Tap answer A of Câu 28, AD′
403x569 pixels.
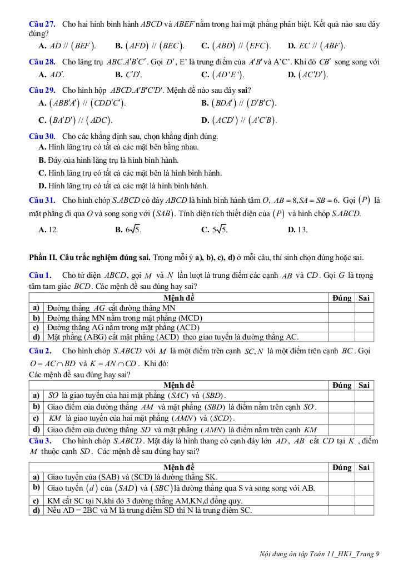pos(51,74)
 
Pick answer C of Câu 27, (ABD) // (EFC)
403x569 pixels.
pos(236,46)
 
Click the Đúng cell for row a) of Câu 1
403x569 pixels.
pos(341,307)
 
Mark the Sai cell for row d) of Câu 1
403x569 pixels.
pos(364,337)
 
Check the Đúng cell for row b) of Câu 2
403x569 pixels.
pos(341,407)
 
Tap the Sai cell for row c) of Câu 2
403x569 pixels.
pos(364,418)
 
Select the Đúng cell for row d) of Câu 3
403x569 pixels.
pos(341,510)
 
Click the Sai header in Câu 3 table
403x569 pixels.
pos(364,467)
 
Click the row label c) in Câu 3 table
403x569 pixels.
pos(36,500)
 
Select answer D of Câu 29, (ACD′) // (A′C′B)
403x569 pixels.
pos(239,120)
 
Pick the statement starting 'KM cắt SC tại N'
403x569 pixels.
pos(145,500)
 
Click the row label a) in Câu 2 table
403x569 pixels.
pos(36,395)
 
